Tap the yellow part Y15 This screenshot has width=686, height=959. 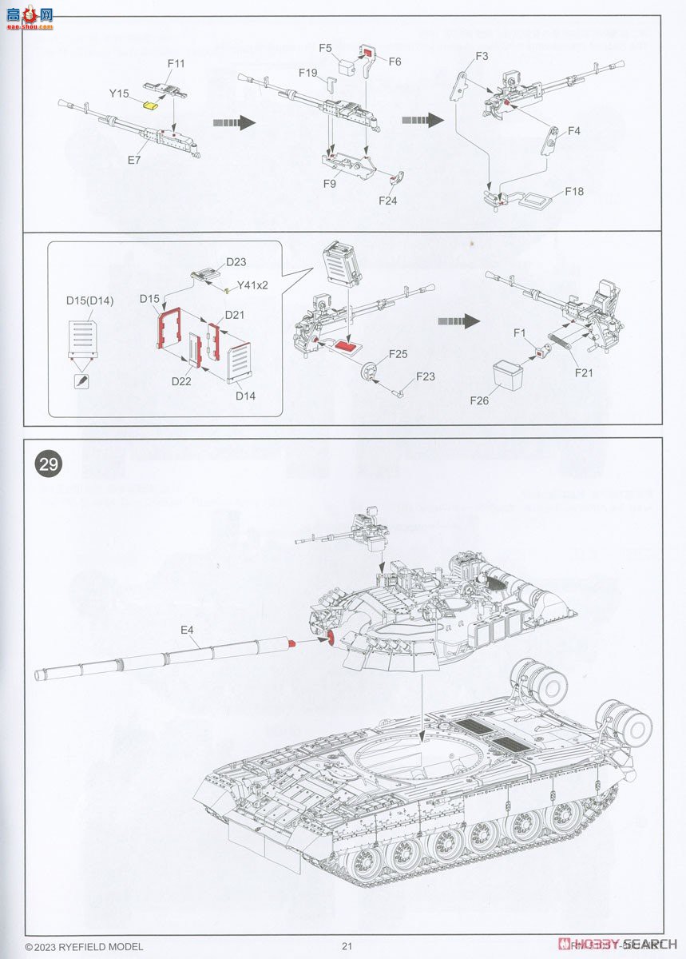click(x=149, y=104)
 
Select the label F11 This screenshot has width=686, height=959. click(x=176, y=63)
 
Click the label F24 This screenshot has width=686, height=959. click(x=388, y=201)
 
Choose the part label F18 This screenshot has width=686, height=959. click(x=574, y=192)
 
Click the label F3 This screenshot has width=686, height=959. click(x=482, y=56)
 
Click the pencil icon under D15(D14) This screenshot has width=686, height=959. click(x=81, y=381)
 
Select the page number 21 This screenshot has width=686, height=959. click(x=347, y=946)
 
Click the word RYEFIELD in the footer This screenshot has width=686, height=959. click(x=86, y=946)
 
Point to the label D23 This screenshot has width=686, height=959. click(x=236, y=261)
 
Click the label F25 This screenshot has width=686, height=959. click(x=399, y=353)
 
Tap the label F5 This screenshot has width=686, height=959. click(x=325, y=48)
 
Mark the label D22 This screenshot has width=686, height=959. click(x=181, y=381)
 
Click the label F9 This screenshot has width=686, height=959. click(x=329, y=183)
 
